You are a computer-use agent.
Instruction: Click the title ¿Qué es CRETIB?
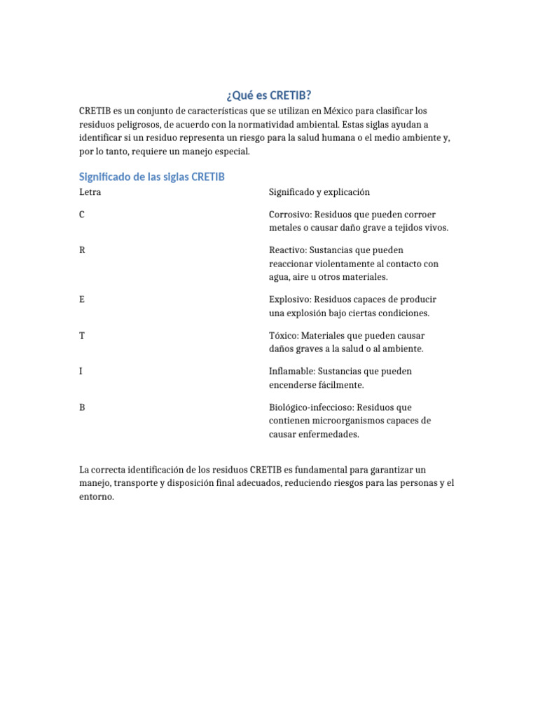[x=268, y=95]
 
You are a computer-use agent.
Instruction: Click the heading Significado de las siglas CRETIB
[x=152, y=177]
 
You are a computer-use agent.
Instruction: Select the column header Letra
[x=90, y=192]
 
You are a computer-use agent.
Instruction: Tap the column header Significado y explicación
[x=319, y=192]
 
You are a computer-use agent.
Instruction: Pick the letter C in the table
[x=83, y=215]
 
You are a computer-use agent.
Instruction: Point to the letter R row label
[x=83, y=250]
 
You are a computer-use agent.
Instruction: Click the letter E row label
[x=83, y=299]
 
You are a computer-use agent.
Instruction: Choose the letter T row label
[x=83, y=335]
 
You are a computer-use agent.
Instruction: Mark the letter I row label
[x=81, y=371]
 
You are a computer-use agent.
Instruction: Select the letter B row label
[x=83, y=407]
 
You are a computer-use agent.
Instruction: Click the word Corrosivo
[x=289, y=215]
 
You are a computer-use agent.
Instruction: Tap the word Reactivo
[x=287, y=250]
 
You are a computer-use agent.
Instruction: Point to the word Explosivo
[x=289, y=299]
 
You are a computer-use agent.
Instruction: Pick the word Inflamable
[x=291, y=372]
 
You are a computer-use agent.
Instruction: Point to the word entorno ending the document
[x=95, y=496]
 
